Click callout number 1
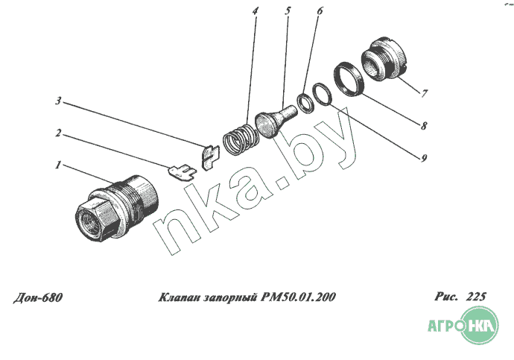point(58,165)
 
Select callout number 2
point(58,133)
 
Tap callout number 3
point(58,101)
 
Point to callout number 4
point(255,11)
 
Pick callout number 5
point(288,11)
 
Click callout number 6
point(320,11)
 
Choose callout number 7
point(424,93)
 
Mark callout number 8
point(424,125)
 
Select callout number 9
point(424,158)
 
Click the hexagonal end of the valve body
point(95,217)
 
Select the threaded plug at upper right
point(384,59)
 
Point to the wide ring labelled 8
point(349,79)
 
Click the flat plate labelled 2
point(182,173)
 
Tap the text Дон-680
point(38,297)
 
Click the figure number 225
point(476,297)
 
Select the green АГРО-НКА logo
point(463,326)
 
